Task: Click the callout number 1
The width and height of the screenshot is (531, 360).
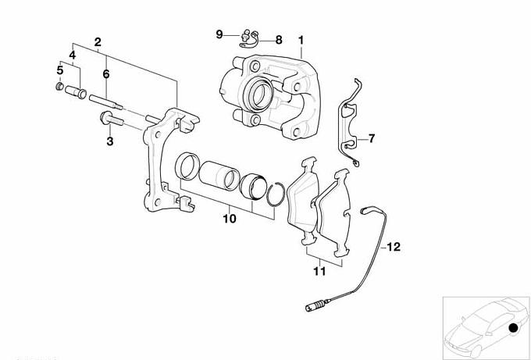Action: point(301,38)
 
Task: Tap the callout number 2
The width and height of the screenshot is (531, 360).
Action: point(98,41)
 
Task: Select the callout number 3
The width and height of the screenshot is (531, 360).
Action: point(110,141)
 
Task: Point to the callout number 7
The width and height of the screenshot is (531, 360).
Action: point(371,139)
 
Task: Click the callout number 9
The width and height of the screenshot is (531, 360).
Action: point(219,34)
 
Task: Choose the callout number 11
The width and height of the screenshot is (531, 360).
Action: point(318,272)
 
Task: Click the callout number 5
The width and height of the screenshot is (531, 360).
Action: point(59,71)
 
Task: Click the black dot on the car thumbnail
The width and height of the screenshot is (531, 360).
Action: point(512,327)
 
